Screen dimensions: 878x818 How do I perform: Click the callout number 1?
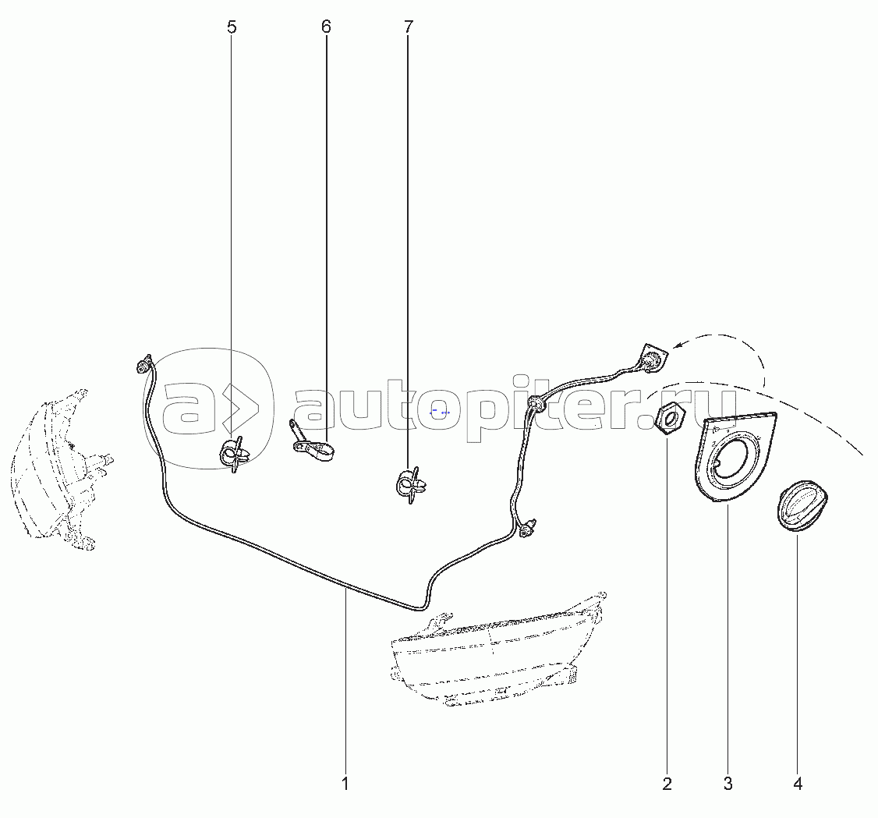point(345,784)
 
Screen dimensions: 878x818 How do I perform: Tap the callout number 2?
point(667,784)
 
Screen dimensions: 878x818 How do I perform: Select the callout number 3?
point(728,784)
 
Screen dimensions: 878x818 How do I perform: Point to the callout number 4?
point(798,784)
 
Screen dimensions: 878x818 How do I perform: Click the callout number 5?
point(232,27)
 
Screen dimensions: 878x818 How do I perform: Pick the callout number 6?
point(326,27)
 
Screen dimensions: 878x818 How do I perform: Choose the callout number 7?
point(408,27)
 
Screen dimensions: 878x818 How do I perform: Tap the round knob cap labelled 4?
point(801,505)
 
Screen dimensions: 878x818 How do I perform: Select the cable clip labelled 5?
point(233,454)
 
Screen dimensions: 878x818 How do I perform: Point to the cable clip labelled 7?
point(411,485)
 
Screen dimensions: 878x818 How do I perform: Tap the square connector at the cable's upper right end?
point(654,356)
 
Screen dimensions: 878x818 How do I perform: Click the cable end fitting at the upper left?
point(144,364)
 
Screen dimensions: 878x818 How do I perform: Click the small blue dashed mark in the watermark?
point(440,412)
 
